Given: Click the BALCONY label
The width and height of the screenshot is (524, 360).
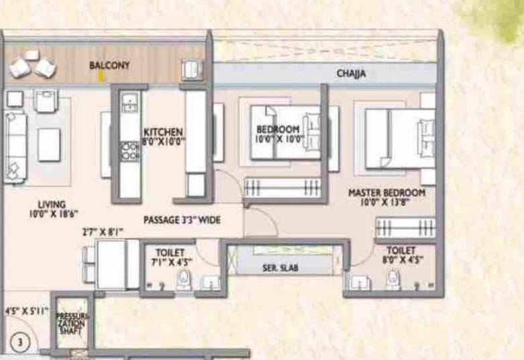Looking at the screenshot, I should pyautogui.click(x=109, y=66).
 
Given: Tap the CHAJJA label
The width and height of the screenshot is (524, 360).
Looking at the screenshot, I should pyautogui.click(x=351, y=74).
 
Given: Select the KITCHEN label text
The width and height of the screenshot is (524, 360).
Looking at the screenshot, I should pyautogui.click(x=163, y=131).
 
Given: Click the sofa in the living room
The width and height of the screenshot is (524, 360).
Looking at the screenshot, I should pyautogui.click(x=13, y=145).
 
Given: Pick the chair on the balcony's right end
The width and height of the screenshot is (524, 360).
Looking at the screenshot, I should pyautogui.click(x=191, y=68).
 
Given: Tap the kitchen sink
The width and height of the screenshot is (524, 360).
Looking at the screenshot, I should pyautogui.click(x=129, y=103).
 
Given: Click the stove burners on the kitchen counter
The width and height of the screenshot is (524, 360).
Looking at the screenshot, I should pyautogui.click(x=129, y=152).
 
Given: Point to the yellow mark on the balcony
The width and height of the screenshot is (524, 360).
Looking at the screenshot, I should pyautogui.click(x=101, y=75).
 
